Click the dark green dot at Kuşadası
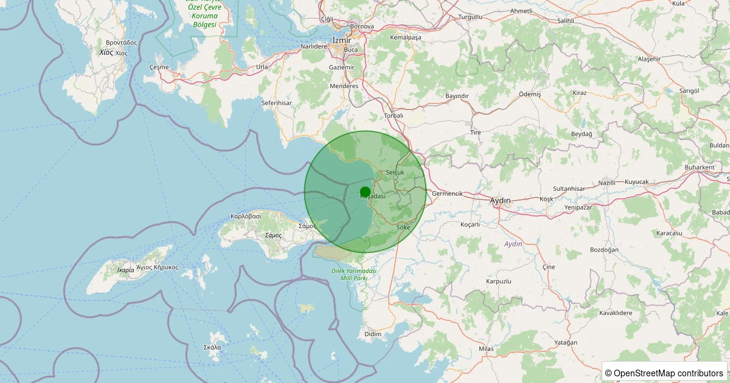pyautogui.click(x=365, y=191)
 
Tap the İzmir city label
pyautogui.click(x=342, y=40)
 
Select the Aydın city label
pyautogui.click(x=500, y=200)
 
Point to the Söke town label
pyautogui.click(x=403, y=227)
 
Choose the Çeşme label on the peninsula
pyautogui.click(x=159, y=67)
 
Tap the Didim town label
pyautogui.click(x=372, y=334)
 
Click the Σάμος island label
pyautogui.click(x=274, y=235)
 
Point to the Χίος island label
pyautogui.click(x=106, y=53)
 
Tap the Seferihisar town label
pyautogui.click(x=277, y=103)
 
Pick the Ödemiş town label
pyautogui.click(x=530, y=95)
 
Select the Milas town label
pyautogui.click(x=486, y=348)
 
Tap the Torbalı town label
pyautogui.click(x=394, y=116)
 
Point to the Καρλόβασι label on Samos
pyautogui.click(x=246, y=216)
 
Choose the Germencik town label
pyautogui.click(x=447, y=194)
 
